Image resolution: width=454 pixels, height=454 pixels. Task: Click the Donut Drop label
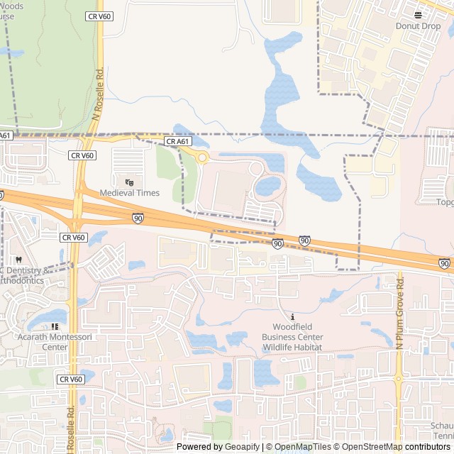[x=418, y=26]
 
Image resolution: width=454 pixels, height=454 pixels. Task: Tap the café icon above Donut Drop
[x=418, y=14]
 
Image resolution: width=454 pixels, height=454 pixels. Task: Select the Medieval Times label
[x=129, y=193]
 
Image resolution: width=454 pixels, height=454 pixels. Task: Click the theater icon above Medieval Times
[x=129, y=182]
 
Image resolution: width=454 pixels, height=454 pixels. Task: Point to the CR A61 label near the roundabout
[x=178, y=142]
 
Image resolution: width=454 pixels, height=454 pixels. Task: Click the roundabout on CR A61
[x=202, y=157]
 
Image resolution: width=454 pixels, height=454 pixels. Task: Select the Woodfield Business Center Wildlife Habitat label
[x=292, y=337]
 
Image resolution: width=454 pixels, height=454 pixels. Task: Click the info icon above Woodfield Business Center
[x=292, y=316]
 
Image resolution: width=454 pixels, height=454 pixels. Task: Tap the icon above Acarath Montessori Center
[x=54, y=327]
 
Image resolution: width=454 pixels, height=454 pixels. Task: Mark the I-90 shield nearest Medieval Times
[x=138, y=218]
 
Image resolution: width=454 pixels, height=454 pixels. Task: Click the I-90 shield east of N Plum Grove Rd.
[x=444, y=263]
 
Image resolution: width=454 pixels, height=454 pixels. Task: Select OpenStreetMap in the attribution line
[x=370, y=447]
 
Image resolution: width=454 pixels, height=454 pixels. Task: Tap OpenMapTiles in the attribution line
[x=301, y=447]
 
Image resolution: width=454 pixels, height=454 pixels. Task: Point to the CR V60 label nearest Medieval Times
[x=82, y=155]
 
